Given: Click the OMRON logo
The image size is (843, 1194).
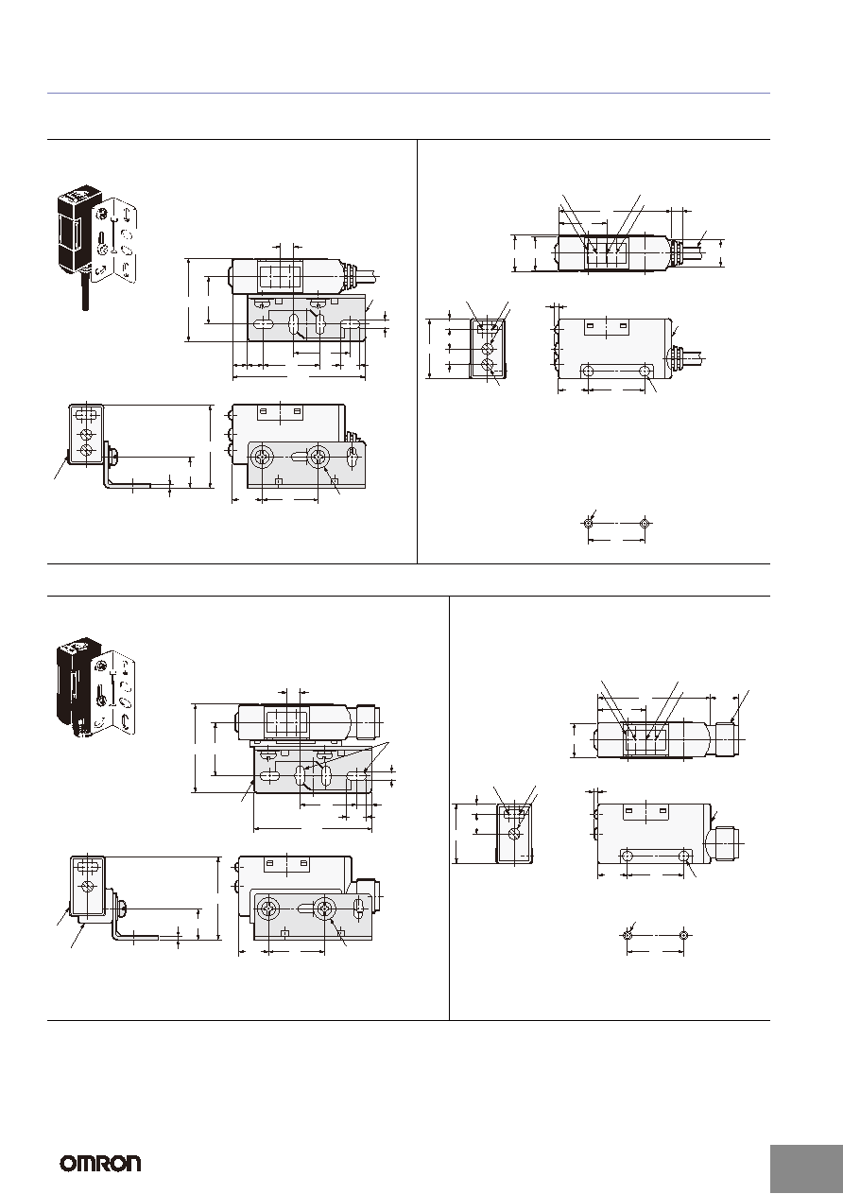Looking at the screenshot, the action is [101, 1163].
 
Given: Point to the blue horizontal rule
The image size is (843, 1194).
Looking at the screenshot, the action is [408, 94].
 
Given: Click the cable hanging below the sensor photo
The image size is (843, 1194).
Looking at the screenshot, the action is [85, 290].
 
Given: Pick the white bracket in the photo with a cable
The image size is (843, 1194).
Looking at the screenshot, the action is [114, 239].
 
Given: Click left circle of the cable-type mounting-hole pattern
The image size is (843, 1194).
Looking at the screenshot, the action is [588, 524].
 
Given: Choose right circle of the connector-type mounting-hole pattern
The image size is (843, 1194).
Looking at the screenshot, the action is [684, 936].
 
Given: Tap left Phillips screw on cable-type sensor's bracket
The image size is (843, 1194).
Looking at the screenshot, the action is [262, 457].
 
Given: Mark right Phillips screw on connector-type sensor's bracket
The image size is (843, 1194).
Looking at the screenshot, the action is [324, 909].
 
